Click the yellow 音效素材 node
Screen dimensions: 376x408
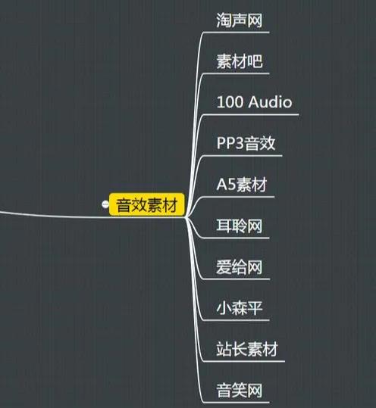(147, 204)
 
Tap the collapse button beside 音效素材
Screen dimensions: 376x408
(105, 204)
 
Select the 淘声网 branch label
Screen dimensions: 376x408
(240, 20)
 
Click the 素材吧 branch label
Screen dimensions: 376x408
(240, 61)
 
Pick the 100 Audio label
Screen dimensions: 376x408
(254, 101)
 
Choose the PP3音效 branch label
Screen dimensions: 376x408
(246, 143)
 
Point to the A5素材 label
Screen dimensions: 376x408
(242, 184)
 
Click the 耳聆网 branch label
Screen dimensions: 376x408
(240, 226)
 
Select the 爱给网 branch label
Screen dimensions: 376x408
(240, 266)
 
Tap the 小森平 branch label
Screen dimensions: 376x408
(240, 308)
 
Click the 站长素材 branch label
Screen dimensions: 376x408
(247, 349)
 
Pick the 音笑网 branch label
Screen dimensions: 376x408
(240, 390)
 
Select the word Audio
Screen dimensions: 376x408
(270, 101)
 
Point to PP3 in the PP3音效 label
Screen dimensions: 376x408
(230, 143)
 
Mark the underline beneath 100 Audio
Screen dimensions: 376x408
(251, 114)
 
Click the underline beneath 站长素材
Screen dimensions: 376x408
(243, 361)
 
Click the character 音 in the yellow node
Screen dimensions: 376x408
(124, 205)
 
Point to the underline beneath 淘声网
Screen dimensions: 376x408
(236, 33)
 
